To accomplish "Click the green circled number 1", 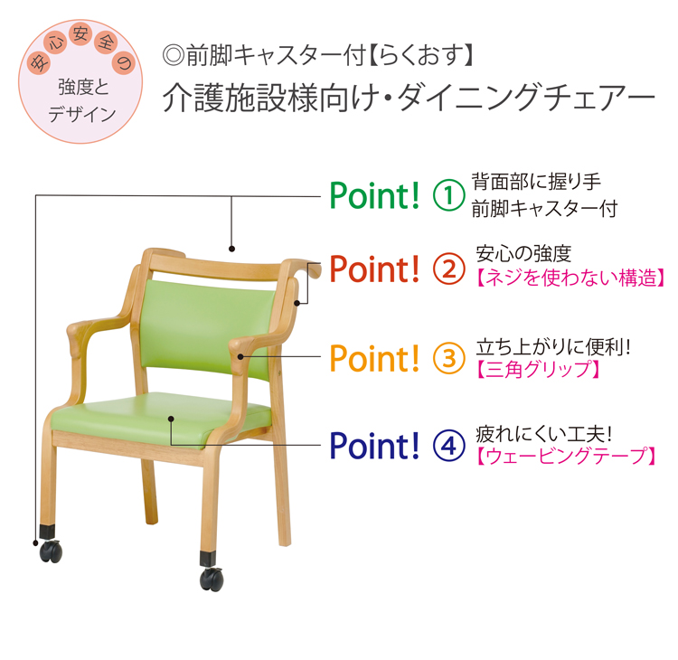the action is point(448,195).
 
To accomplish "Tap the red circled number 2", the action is point(448,269).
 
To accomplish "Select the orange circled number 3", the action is point(448,358).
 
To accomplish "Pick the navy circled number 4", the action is point(448,446).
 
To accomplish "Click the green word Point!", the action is point(374,195).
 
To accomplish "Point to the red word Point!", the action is point(374,269).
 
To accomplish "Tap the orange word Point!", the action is point(374,358).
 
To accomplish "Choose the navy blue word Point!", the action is point(374,446).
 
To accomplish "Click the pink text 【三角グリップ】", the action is point(539,370).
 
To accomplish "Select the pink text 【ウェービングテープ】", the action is point(567,456).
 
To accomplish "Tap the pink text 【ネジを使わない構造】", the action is point(570,278).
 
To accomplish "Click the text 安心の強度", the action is point(523,254).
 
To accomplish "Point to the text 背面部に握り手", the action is point(536,182).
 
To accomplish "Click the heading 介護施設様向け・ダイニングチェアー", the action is point(409,98).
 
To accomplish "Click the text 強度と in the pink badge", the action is point(83,88).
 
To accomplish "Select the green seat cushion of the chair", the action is point(160,420).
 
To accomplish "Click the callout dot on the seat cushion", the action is point(171,419).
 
